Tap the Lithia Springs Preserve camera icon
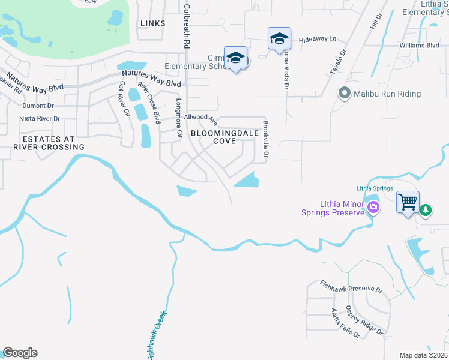[373, 208]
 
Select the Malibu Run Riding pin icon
[344, 94]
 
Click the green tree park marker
[425, 210]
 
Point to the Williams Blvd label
[419, 45]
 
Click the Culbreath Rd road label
[187, 26]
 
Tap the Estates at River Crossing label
[49, 142]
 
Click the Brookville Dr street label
[265, 142]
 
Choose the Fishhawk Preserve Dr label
[351, 286]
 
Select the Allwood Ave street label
[200, 118]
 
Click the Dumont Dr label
[38, 106]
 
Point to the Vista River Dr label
[40, 119]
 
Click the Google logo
[20, 353]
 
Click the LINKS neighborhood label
[152, 23]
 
